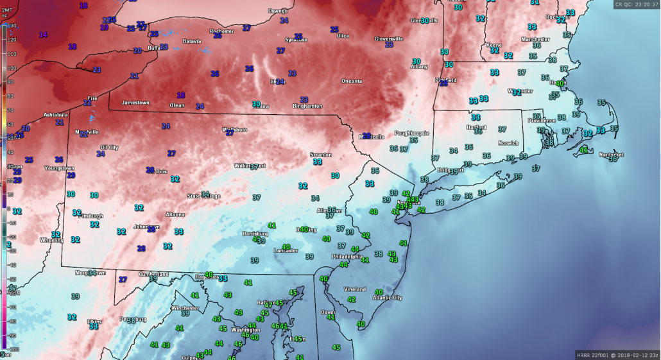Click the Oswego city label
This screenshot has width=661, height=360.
(278, 10)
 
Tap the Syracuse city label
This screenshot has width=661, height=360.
(296, 40)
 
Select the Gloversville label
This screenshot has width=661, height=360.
(389, 39)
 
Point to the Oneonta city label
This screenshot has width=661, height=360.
(351, 81)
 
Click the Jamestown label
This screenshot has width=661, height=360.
(135, 102)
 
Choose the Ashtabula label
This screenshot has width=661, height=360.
(55, 114)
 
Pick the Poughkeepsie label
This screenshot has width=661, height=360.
(411, 133)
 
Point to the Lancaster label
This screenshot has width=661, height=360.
(286, 251)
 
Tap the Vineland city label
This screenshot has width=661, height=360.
(354, 289)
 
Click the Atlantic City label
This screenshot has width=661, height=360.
(388, 298)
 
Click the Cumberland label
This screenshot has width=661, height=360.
(154, 274)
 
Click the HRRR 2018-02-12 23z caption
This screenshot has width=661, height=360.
(616, 355)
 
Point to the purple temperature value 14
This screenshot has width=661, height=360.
(43, 34)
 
